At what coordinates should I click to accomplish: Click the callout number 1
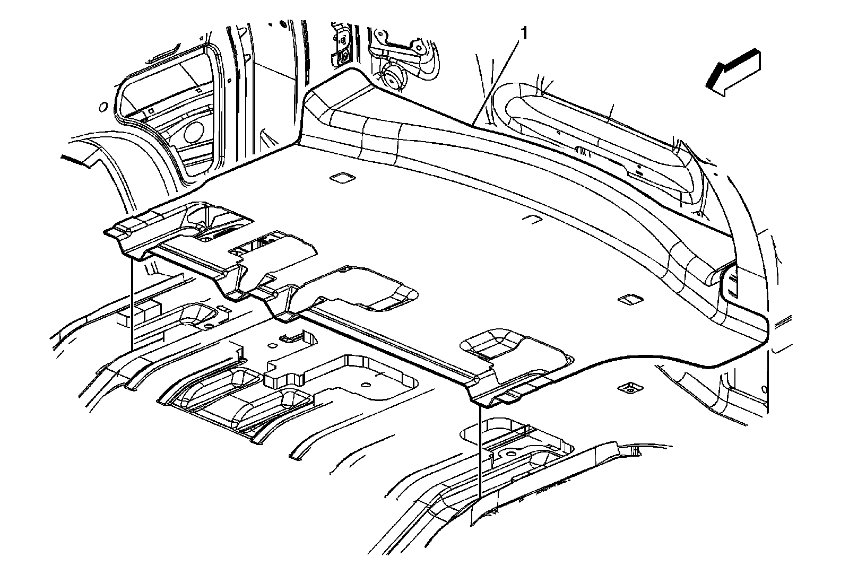click(524, 34)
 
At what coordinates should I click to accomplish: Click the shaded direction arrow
click(733, 73)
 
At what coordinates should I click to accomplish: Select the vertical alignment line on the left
click(131, 302)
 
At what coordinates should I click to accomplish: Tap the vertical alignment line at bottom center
click(480, 451)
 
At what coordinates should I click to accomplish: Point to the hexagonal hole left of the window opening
click(101, 108)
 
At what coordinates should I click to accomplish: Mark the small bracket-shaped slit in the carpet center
click(531, 219)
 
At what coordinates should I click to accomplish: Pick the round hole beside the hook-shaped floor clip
click(272, 346)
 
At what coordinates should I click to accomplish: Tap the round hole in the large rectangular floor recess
click(365, 384)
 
